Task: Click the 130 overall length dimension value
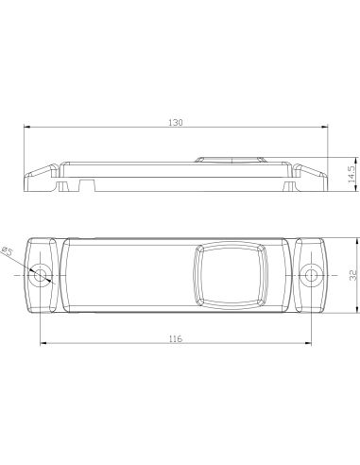point(176,123)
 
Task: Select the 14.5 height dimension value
point(350,173)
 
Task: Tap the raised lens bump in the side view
point(231,158)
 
